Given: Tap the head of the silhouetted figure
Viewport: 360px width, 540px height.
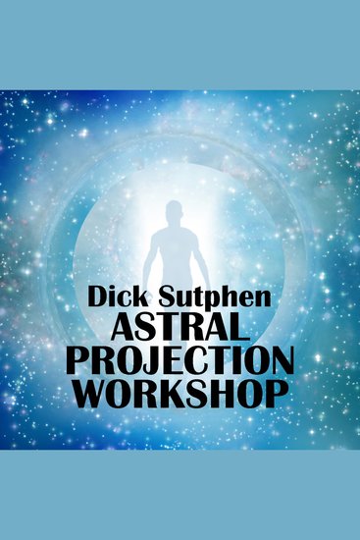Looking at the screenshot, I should pos(174,213).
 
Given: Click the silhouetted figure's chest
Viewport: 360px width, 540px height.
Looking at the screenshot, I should pos(174,245).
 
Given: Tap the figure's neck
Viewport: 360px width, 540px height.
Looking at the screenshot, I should pos(174,227).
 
